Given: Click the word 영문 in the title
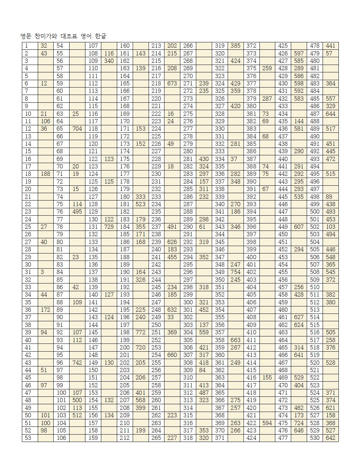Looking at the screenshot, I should point(26,36).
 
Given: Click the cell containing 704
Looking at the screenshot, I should point(77,129).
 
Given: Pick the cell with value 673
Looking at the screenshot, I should point(172,84).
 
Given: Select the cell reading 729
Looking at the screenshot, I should point(109,227).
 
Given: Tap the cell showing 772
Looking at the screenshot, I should point(140,333).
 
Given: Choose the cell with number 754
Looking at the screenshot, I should point(235,272).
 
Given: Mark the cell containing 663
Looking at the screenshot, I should point(235,340).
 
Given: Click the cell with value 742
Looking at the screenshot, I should point(77,363).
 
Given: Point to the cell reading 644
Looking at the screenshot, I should point(330,114).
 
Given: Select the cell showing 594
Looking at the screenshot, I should point(267,423).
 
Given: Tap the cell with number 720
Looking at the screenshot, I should point(140,347).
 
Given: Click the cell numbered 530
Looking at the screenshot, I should point(314,438).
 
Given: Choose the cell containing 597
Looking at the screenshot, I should point(299,53).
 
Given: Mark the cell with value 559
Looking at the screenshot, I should point(204,333).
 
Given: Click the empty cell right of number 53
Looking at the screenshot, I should point(46,438).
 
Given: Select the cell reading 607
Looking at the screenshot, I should point(299,227).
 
